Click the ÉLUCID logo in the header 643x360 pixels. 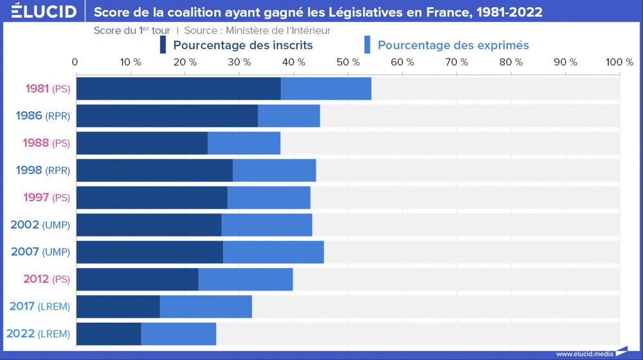(40, 12)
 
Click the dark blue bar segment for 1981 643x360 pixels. (178, 89)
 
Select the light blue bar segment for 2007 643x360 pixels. (273, 252)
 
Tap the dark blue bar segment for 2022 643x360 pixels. (108, 334)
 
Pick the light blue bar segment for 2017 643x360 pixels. (206, 307)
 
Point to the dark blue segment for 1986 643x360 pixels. (167, 116)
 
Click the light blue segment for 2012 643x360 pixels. (246, 280)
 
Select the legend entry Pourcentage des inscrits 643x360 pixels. (242, 45)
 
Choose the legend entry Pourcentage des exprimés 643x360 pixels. (453, 45)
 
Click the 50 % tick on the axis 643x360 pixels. (348, 62)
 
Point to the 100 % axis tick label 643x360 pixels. (619, 62)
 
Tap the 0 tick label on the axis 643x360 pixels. (75, 62)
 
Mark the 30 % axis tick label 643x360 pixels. (239, 62)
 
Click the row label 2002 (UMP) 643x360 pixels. (40, 225)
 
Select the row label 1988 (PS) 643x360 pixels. (46, 143)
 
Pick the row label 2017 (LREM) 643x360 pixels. (39, 307)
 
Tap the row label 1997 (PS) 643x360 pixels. (46, 197)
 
